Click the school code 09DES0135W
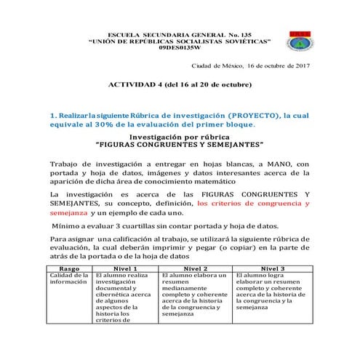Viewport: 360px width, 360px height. point(172,48)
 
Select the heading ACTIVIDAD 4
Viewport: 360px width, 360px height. point(136,84)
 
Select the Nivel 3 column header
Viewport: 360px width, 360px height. point(273,269)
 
